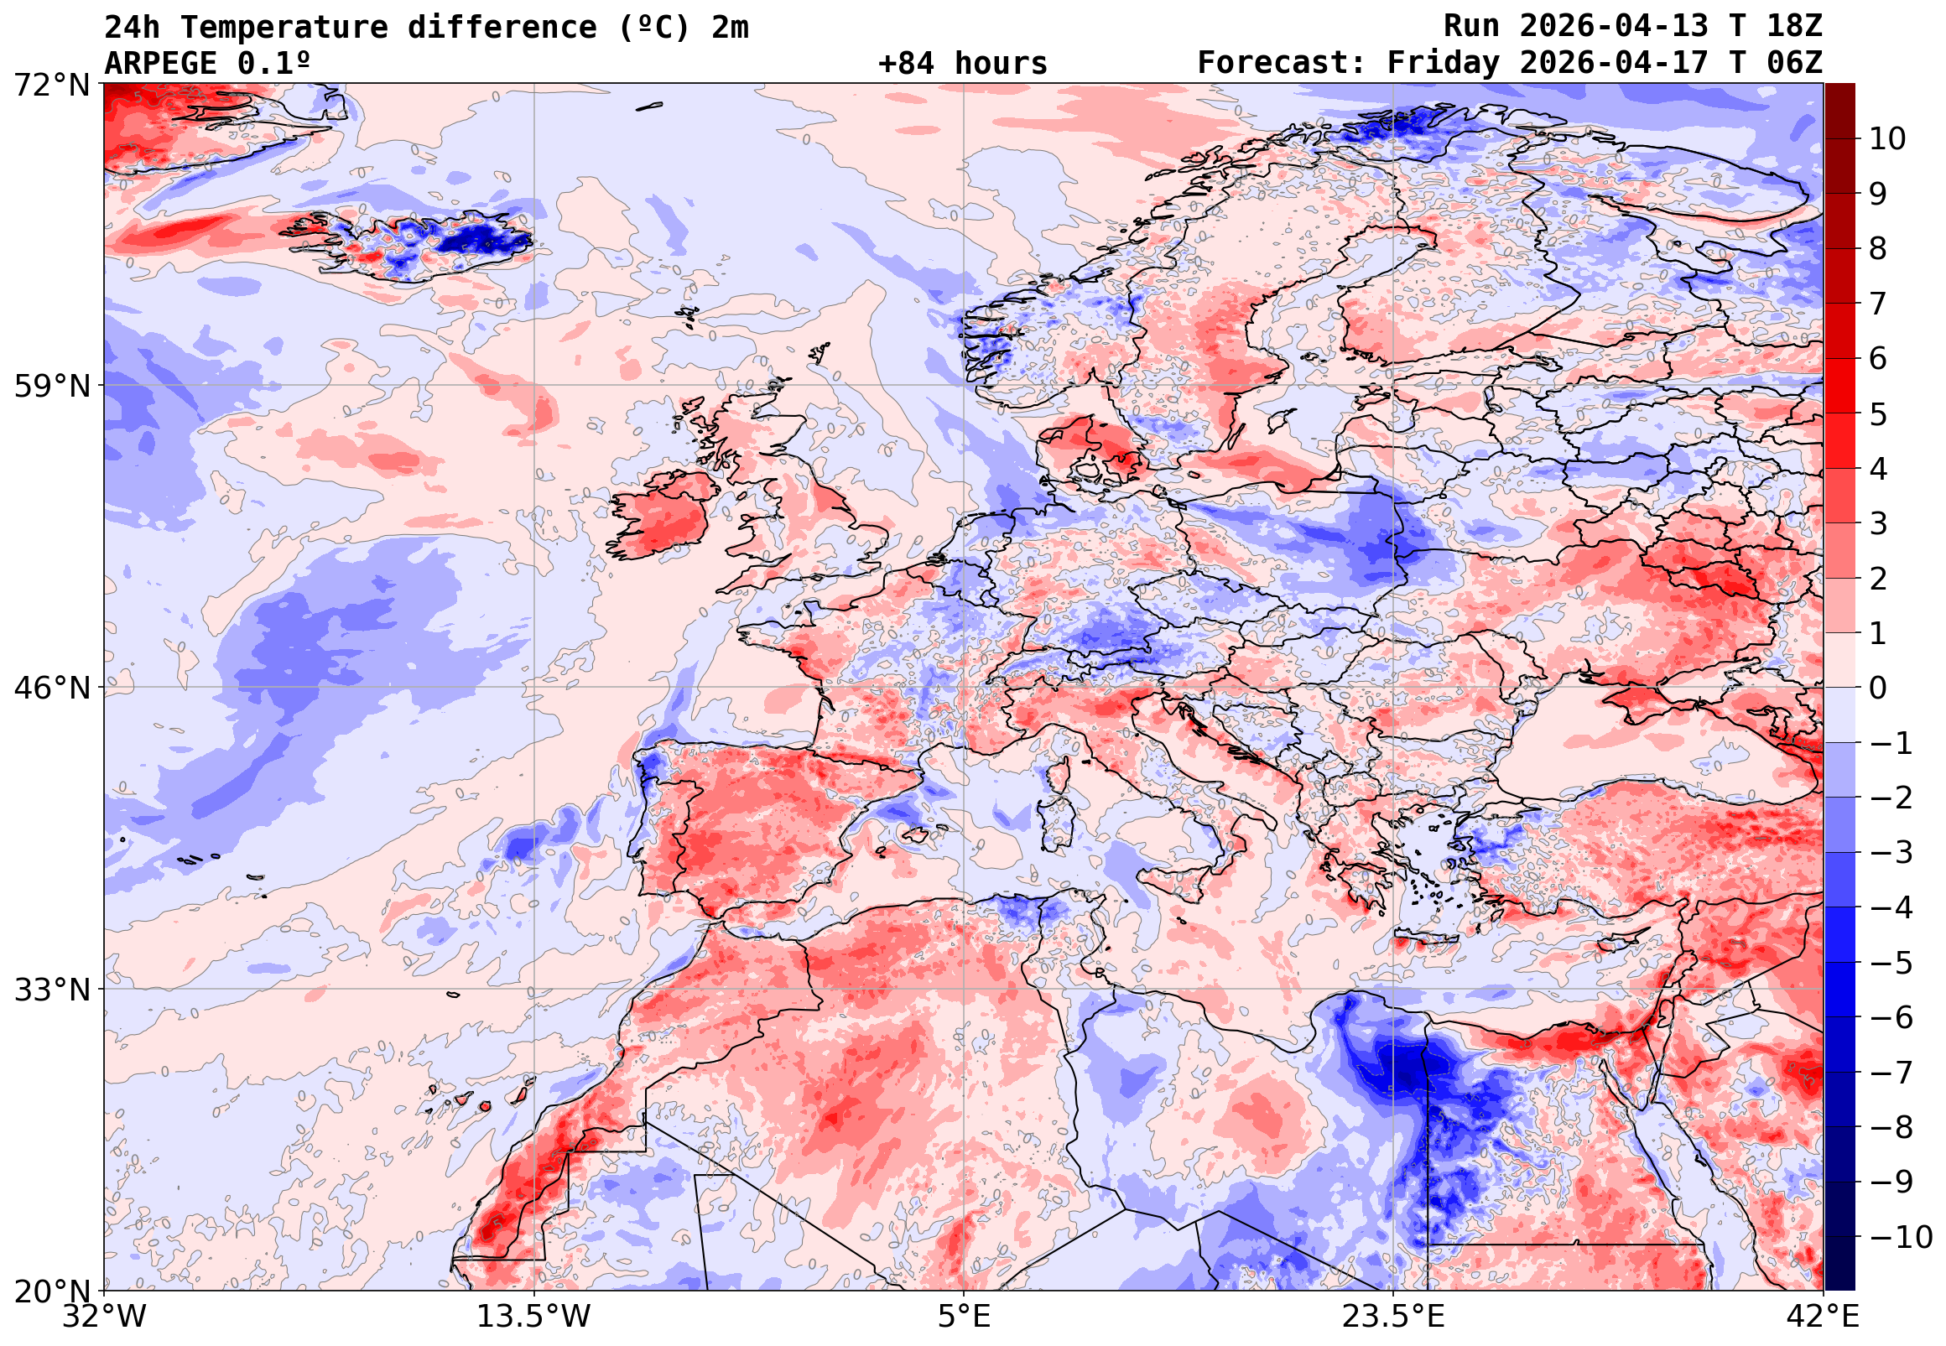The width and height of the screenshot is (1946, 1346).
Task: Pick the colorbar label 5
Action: pyautogui.click(x=1879, y=415)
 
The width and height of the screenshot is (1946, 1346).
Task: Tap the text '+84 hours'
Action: pyautogui.click(x=962, y=63)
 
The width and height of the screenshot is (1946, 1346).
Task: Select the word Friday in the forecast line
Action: pyautogui.click(x=1444, y=63)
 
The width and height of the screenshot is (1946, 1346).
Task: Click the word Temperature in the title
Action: pyautogui.click(x=284, y=28)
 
